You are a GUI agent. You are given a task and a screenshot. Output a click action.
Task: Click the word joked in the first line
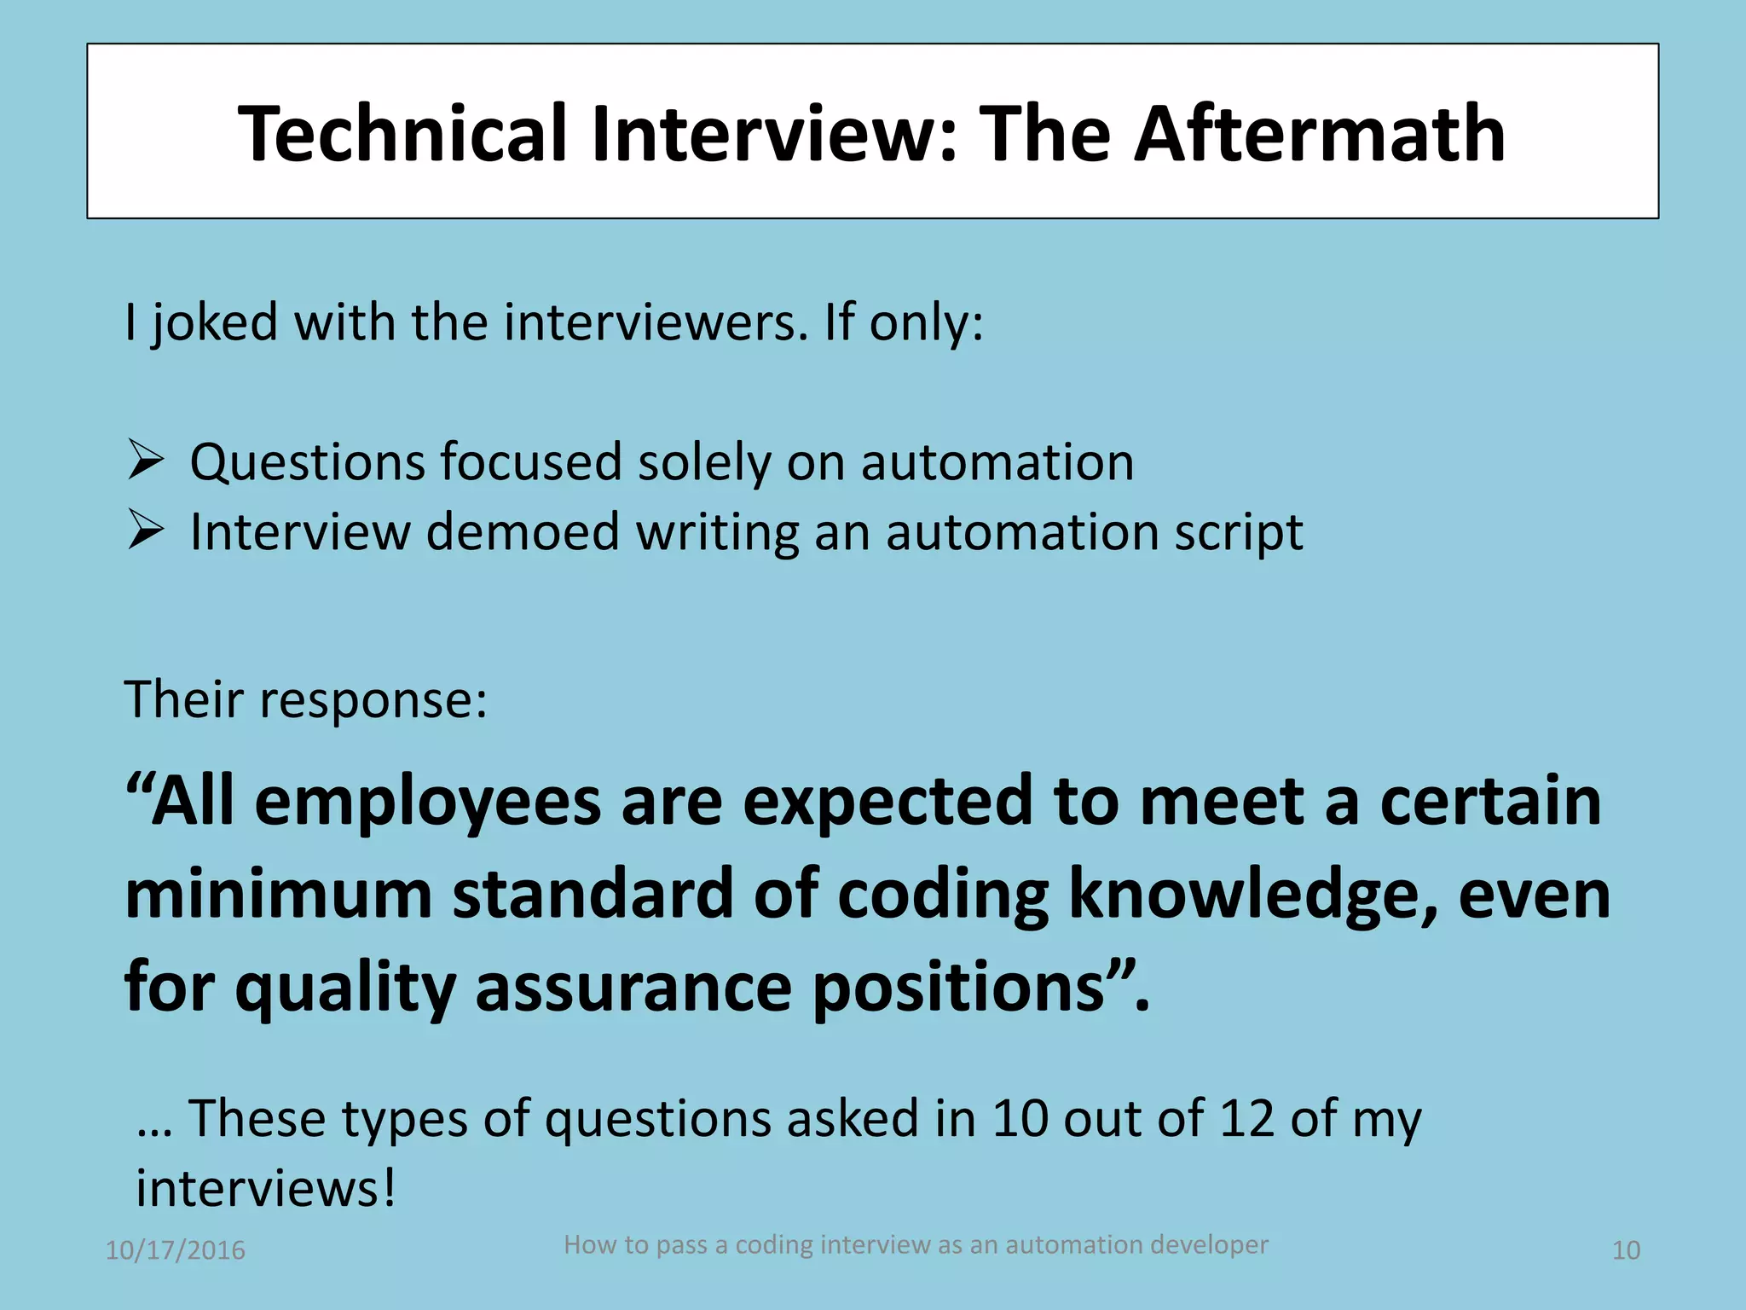pyautogui.click(x=216, y=324)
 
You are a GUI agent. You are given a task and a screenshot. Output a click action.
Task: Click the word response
pyautogui.click(x=373, y=701)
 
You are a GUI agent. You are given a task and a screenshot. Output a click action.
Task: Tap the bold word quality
pyautogui.click(x=345, y=988)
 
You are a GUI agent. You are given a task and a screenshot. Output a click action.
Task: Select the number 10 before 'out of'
pyautogui.click(x=1020, y=1118)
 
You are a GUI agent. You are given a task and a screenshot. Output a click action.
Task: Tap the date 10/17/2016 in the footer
pyautogui.click(x=175, y=1250)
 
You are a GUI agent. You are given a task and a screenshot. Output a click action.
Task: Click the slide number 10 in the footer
pyautogui.click(x=1626, y=1250)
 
